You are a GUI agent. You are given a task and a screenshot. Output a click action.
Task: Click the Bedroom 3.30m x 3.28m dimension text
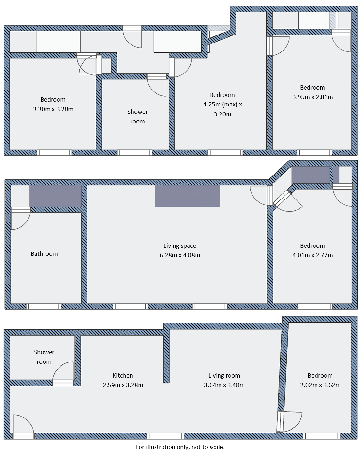coord(53,109)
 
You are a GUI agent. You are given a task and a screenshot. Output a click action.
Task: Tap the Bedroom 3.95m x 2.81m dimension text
coord(312,97)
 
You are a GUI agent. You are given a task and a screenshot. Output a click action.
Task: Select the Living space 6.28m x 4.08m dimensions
coord(180,255)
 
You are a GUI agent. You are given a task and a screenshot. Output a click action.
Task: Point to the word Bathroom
coord(44,254)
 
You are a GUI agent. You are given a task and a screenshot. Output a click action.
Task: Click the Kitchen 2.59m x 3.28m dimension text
coord(123,385)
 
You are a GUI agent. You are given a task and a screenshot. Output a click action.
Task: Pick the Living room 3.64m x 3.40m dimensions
coord(224,385)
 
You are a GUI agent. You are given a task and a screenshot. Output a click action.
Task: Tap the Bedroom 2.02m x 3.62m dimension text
coord(320,385)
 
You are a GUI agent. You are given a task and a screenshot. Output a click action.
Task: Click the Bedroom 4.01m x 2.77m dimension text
coord(312,255)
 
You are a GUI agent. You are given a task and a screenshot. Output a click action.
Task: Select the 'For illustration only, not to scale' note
coord(180,447)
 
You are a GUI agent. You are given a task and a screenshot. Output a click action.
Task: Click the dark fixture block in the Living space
coord(187,196)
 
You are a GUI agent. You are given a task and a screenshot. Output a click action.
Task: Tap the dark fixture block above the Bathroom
coord(55,196)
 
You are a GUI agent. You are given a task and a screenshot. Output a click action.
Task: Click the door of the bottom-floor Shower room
coord(63,374)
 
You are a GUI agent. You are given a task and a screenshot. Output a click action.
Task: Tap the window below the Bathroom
coord(44,307)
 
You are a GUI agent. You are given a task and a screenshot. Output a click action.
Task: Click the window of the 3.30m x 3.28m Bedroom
coord(54,153)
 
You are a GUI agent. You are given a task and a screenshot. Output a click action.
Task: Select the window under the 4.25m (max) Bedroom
coord(225,153)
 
